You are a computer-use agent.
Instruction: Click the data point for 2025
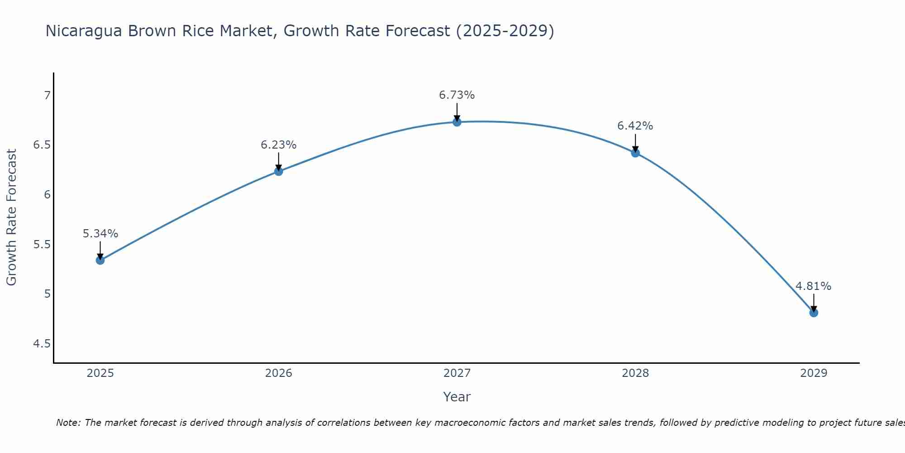[100, 260]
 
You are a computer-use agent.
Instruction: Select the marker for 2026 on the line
[278, 171]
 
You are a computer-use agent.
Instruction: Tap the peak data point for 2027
[457, 122]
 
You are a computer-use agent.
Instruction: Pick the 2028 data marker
[635, 153]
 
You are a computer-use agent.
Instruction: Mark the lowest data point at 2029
[813, 313]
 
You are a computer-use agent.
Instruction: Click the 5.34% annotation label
[100, 234]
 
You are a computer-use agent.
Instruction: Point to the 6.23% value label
[278, 145]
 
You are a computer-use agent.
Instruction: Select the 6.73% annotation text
[457, 95]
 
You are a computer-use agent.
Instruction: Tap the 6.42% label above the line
[635, 126]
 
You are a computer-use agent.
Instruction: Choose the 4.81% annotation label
[813, 286]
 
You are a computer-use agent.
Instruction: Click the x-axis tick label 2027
[457, 373]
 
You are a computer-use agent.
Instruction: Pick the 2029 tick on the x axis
[813, 373]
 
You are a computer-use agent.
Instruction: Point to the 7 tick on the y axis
[47, 95]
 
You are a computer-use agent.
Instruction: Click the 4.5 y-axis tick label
[42, 344]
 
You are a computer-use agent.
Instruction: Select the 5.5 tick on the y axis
[42, 245]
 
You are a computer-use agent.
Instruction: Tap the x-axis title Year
[457, 397]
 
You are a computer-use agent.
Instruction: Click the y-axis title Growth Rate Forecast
[12, 217]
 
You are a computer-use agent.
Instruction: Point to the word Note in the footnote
[68, 423]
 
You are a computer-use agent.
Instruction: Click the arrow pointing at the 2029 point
[813, 302]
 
